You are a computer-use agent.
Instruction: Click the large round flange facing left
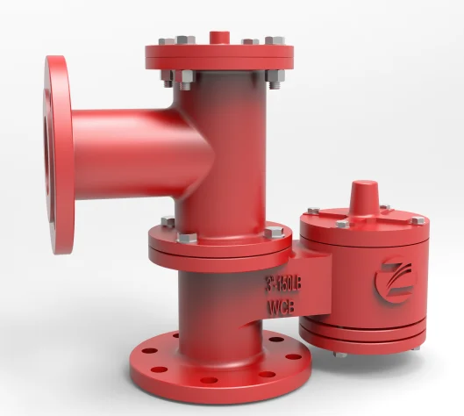pyautogui.click(x=58, y=154)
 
